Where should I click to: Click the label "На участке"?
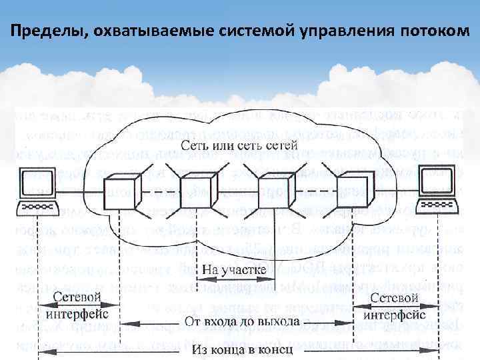pyautogui.click(x=234, y=271)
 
